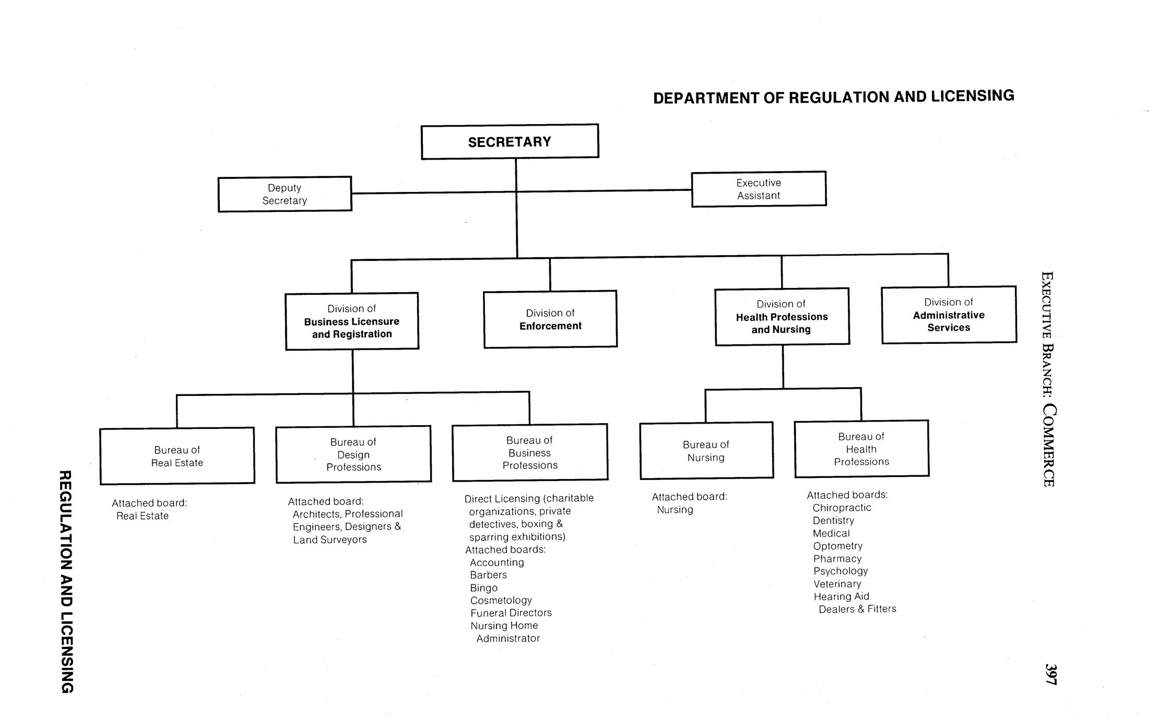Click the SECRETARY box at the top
pos(510,142)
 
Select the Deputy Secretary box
pos(285,194)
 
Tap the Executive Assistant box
pos(759,189)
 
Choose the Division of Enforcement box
pos(550,319)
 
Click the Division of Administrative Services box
pos(949,315)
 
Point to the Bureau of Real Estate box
pos(177,456)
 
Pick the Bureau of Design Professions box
pos(353,454)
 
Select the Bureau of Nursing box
pos(706,451)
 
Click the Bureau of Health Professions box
pos(861,449)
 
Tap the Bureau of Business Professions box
pos(530,452)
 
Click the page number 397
pos(1050,674)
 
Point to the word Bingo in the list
pos(483,588)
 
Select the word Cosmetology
pos(501,601)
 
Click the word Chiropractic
pos(842,508)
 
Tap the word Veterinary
pos(837,584)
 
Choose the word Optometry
pos(837,546)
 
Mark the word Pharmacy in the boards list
pos(837,558)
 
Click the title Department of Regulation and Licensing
pos(833,97)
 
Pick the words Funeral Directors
pos(511,613)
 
